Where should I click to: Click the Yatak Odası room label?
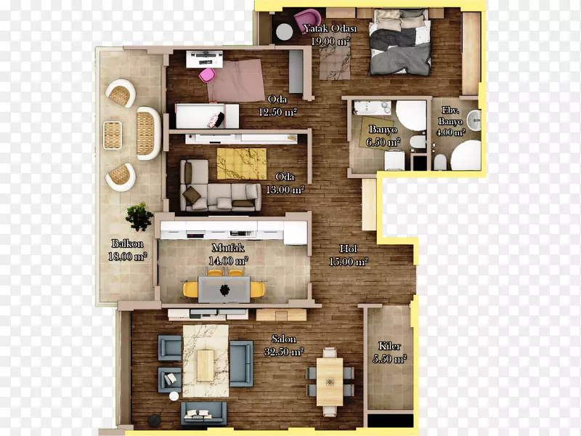(x=330, y=28)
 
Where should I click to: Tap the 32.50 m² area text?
(x=284, y=352)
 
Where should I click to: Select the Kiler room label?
(x=389, y=346)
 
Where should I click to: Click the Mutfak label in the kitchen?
(x=228, y=247)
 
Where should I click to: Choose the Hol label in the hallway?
(x=349, y=249)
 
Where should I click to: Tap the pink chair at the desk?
(x=207, y=76)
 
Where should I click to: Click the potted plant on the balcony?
(x=139, y=217)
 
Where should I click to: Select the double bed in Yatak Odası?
(x=400, y=42)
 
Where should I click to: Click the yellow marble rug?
(x=242, y=164)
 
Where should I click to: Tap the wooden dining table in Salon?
(x=330, y=381)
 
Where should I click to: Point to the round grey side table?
(x=285, y=32)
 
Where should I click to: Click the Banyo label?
(x=383, y=129)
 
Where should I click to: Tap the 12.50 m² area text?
(x=277, y=112)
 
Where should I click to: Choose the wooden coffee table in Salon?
(x=206, y=366)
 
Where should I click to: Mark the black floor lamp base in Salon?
(x=154, y=420)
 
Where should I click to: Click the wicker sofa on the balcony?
(x=148, y=133)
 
